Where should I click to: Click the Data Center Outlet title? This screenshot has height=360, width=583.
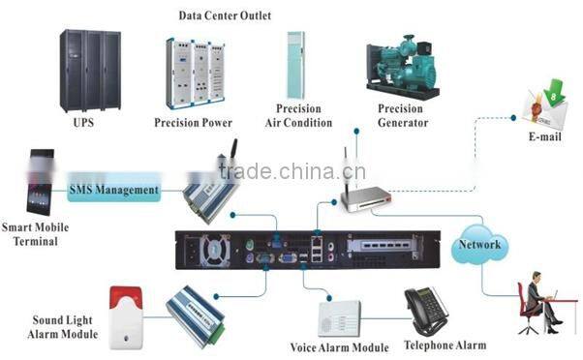(x=225, y=15)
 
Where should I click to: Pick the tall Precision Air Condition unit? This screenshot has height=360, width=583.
(x=296, y=65)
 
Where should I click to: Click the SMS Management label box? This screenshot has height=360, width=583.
(x=113, y=190)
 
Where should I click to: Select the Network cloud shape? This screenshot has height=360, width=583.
(x=481, y=244)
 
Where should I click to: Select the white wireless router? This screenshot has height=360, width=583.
(x=367, y=196)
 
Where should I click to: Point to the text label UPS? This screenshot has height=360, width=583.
(x=83, y=123)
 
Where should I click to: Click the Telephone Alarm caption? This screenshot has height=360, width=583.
(x=445, y=345)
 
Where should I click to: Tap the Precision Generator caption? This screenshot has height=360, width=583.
(x=400, y=115)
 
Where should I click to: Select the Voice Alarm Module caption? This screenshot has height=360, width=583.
(x=339, y=347)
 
